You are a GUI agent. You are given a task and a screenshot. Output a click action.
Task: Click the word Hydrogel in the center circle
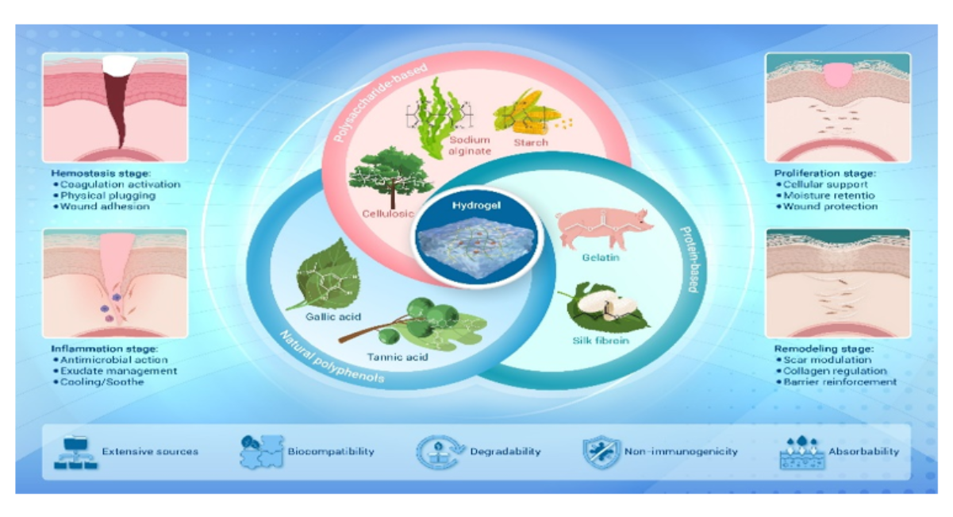[x=476, y=205]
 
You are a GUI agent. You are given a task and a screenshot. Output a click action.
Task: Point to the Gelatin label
[x=601, y=257]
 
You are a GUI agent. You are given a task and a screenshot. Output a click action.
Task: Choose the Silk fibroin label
[x=601, y=341]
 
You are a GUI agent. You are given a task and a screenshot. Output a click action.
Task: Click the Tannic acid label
[x=398, y=357]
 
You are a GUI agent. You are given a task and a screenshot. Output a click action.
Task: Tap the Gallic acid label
[x=333, y=317]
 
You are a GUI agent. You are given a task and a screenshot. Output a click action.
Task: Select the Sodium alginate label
[x=470, y=145]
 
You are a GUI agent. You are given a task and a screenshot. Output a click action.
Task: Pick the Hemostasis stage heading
[x=101, y=173]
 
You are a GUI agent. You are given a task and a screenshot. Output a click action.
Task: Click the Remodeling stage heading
[x=824, y=349]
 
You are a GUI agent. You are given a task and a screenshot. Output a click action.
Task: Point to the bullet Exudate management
[x=115, y=371]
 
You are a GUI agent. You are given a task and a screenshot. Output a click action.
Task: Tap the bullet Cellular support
[x=822, y=184]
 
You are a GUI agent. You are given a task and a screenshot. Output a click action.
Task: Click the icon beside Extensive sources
[x=75, y=452]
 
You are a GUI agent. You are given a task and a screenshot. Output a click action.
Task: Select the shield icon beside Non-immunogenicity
[x=601, y=452]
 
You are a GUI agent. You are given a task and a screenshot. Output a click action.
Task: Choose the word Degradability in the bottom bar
[x=505, y=451]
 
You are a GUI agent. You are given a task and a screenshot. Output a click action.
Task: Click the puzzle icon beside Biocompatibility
[x=261, y=452]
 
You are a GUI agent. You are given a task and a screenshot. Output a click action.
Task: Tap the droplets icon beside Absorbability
[x=802, y=452]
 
